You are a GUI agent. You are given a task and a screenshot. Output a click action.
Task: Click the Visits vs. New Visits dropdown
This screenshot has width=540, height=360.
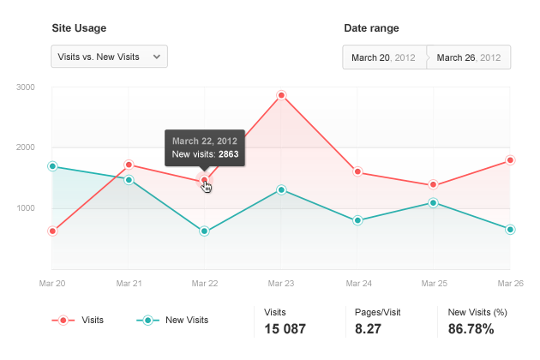point(109,57)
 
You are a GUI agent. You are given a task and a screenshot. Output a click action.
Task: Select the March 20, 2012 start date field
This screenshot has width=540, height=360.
point(383,57)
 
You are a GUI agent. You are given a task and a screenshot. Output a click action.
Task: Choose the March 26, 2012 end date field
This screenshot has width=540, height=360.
point(468,57)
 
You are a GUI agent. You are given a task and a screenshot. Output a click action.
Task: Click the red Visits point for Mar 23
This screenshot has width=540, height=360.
point(281,95)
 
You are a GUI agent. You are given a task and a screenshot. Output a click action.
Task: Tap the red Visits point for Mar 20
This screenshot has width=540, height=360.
point(52,231)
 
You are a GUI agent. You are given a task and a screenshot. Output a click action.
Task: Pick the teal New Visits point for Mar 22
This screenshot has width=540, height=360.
point(204,231)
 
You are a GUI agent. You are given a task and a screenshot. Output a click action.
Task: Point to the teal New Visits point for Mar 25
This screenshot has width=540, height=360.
point(434,203)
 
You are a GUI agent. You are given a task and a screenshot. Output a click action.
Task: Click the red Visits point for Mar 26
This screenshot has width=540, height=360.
point(510,160)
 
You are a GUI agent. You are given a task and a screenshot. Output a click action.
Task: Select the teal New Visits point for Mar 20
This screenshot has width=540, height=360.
point(52,166)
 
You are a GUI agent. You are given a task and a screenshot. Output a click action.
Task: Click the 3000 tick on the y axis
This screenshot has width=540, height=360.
point(25,87)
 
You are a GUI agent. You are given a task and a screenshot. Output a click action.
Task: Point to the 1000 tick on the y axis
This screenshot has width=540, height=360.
point(25,208)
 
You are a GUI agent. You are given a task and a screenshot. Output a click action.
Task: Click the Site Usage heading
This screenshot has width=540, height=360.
point(79,28)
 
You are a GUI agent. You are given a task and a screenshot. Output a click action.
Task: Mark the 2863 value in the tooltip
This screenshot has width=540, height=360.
point(228,154)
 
